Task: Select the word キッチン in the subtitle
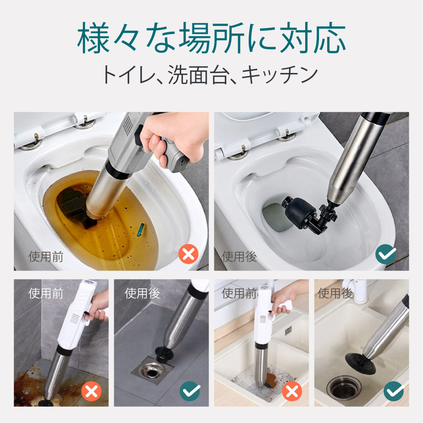tap(280, 75)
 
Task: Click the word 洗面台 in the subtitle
tap(197, 75)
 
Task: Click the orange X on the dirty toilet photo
tap(188, 254)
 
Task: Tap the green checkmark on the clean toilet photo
tap(386, 254)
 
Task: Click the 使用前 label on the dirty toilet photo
tap(46, 257)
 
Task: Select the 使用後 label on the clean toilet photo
tap(239, 257)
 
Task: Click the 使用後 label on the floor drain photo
tap(142, 293)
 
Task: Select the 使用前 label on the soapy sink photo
tap(239, 293)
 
